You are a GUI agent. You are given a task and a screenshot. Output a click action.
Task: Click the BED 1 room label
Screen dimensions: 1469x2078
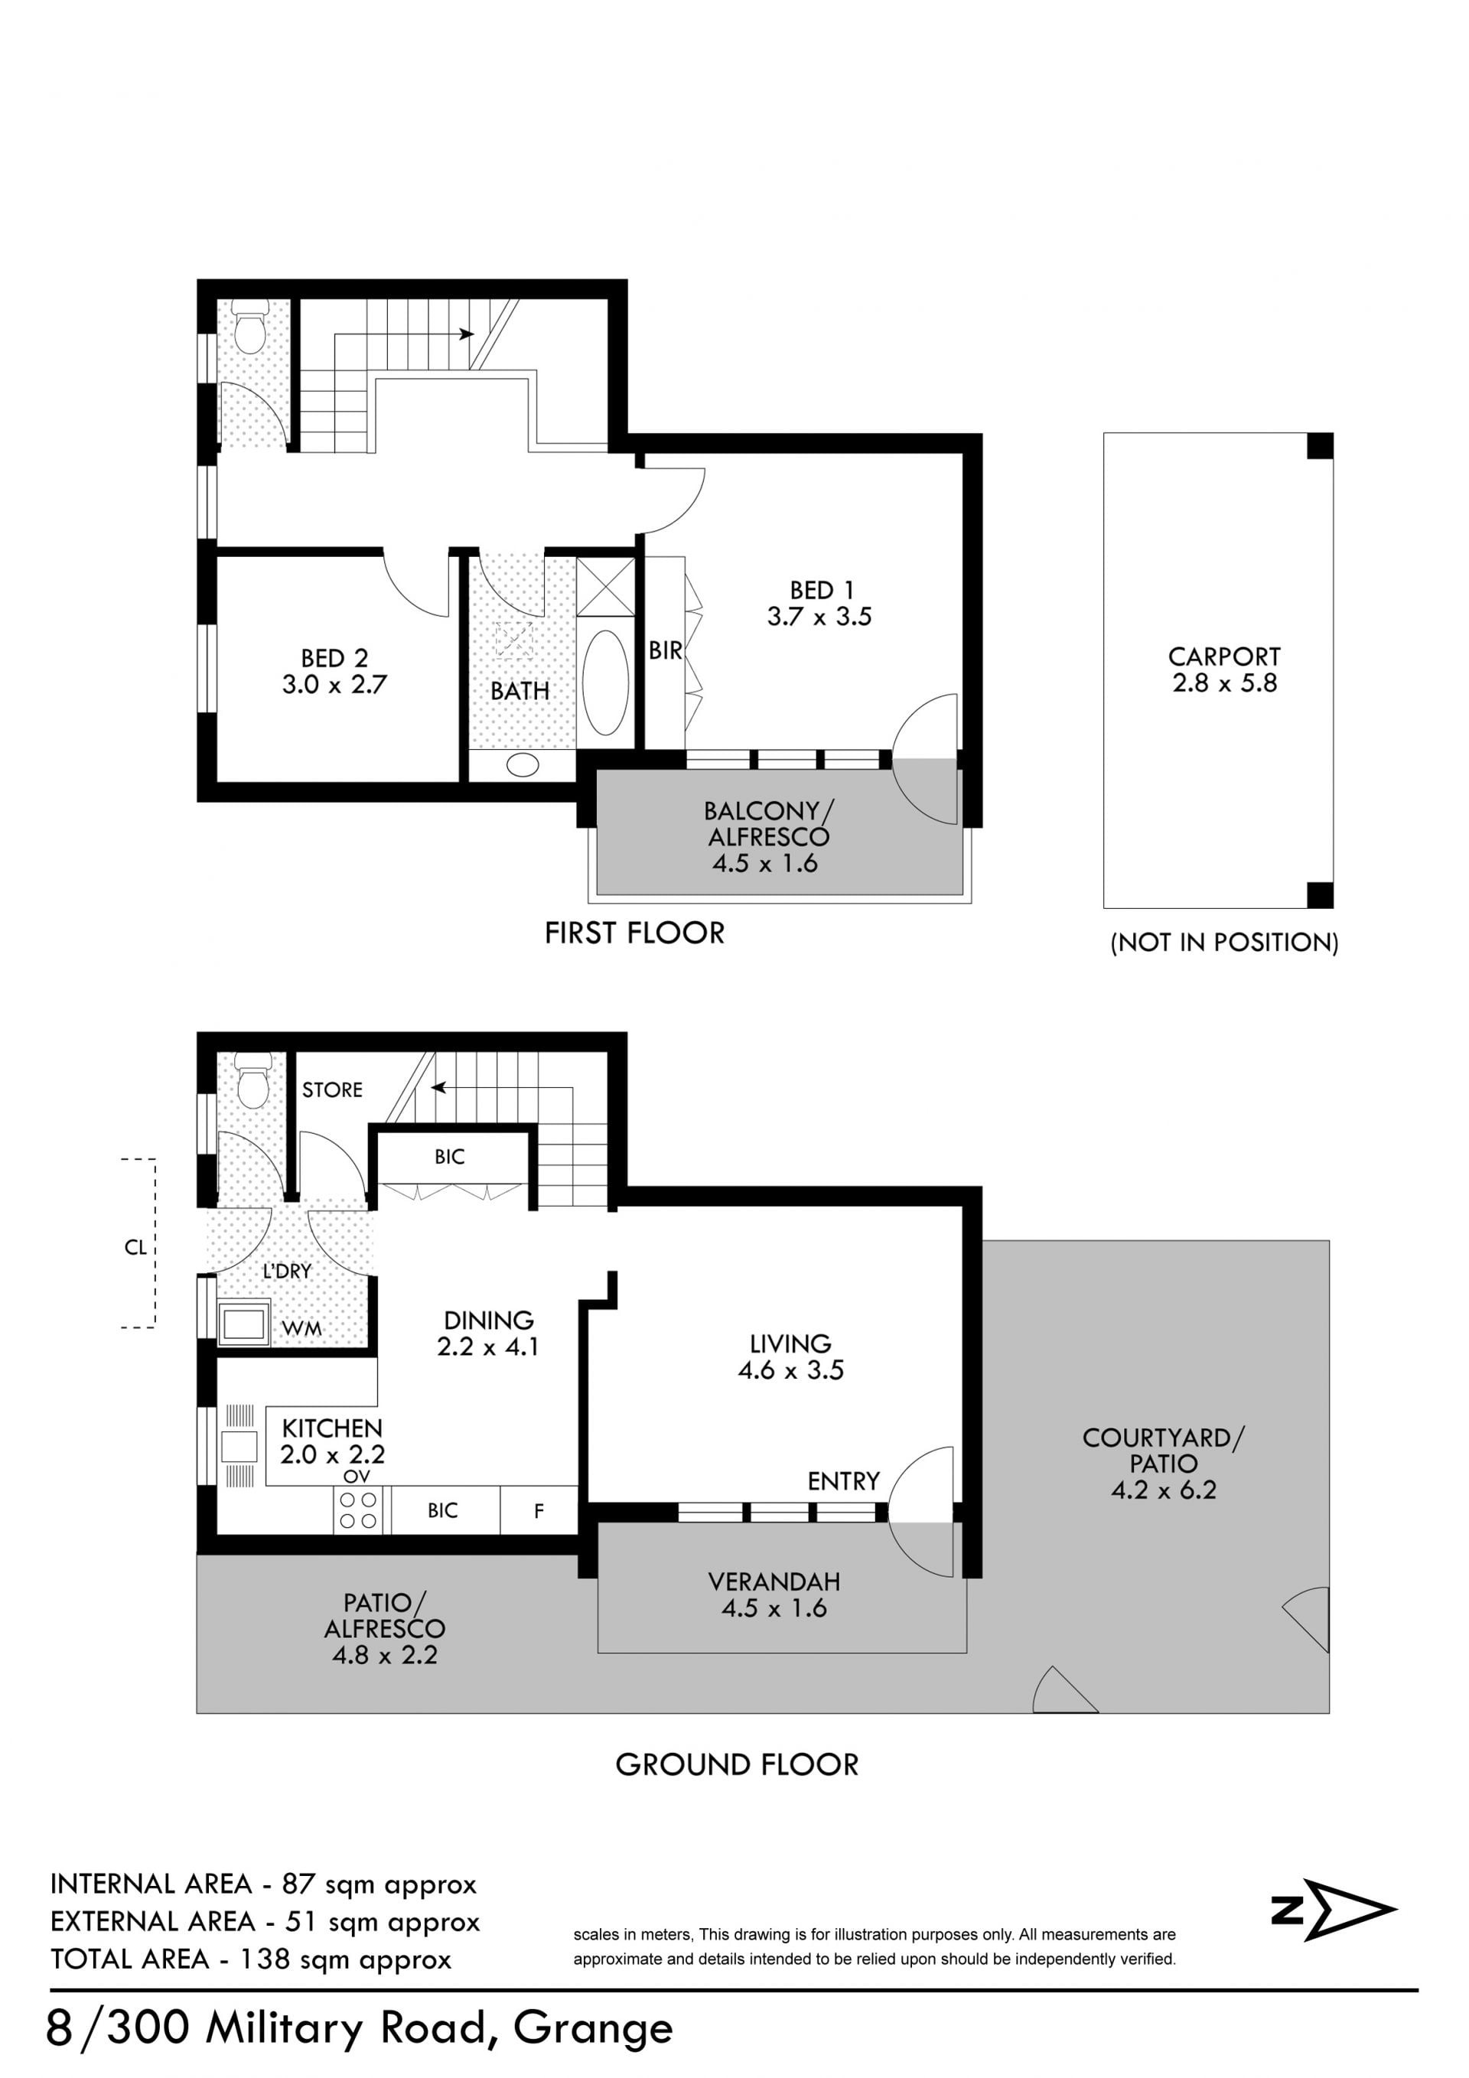pos(821,590)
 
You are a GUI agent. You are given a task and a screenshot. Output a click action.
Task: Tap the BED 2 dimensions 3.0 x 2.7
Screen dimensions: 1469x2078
pos(334,684)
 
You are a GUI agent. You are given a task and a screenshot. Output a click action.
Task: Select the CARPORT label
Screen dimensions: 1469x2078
pos(1223,656)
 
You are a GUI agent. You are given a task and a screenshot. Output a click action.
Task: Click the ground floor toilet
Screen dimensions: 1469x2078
pos(252,1080)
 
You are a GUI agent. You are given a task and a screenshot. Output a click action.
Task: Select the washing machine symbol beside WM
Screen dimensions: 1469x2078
pos(243,1324)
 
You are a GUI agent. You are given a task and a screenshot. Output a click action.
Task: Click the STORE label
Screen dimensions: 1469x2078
pos(332,1089)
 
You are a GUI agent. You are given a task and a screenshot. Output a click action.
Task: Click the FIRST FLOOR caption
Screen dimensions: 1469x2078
pos(634,933)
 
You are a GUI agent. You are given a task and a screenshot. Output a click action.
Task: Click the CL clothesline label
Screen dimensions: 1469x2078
pos(135,1247)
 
